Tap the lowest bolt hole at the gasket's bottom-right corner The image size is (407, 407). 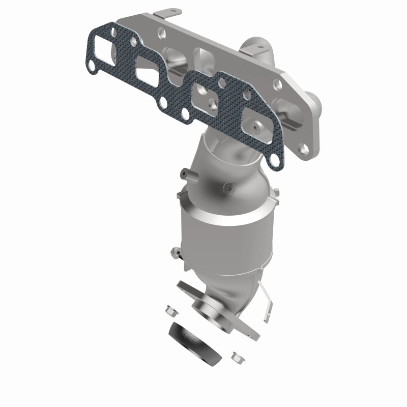click(274, 160)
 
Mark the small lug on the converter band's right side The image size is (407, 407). click(277, 192)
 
